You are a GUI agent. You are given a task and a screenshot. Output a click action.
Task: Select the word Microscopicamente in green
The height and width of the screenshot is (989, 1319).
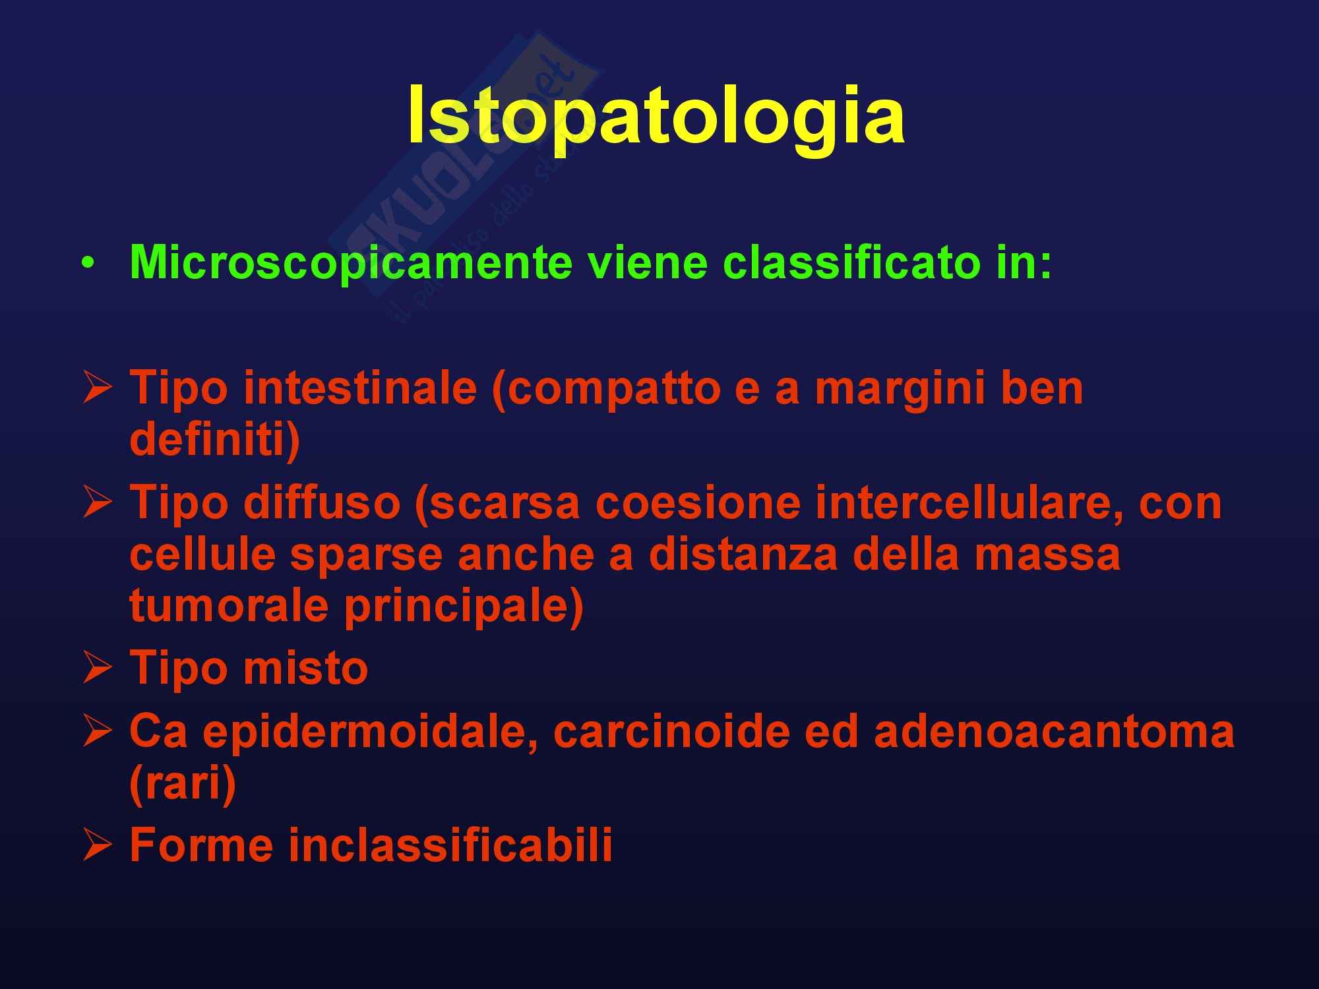tap(350, 263)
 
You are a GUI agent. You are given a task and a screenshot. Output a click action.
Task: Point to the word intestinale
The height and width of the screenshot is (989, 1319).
tap(360, 388)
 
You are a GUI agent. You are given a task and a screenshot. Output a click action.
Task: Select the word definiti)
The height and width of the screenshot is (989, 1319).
tap(215, 440)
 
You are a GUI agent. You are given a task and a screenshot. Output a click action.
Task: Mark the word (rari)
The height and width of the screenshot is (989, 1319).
tap(183, 785)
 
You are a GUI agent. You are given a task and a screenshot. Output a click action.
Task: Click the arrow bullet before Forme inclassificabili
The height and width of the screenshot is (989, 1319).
tap(98, 846)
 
